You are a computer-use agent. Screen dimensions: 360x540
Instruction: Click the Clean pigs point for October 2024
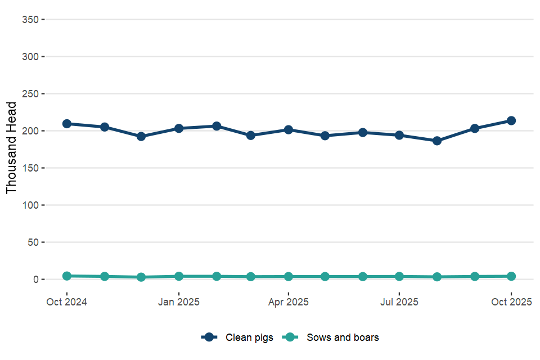click(x=67, y=124)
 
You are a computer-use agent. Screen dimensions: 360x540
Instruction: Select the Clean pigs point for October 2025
click(x=511, y=120)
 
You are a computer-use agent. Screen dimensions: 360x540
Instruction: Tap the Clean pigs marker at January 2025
click(x=179, y=128)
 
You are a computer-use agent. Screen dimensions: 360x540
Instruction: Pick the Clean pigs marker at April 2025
click(x=289, y=130)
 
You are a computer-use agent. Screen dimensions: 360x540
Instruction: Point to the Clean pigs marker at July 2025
click(x=399, y=135)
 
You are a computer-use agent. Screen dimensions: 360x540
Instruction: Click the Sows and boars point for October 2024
click(x=67, y=276)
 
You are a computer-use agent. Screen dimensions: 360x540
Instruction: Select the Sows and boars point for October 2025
click(x=511, y=276)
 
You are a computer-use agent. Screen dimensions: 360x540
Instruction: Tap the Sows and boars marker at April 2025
click(x=289, y=277)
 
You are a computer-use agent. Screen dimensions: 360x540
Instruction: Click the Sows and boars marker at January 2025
click(x=179, y=276)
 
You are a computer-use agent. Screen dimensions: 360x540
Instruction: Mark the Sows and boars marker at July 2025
click(x=399, y=276)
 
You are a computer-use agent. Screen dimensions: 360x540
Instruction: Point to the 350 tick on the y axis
click(x=29, y=20)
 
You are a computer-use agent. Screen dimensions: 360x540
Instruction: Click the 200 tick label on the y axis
click(x=29, y=131)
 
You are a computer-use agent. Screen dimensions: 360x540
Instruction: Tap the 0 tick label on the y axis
click(x=35, y=280)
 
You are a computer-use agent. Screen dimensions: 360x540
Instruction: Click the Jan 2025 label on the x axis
click(x=179, y=302)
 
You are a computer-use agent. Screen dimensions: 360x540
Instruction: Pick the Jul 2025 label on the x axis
click(x=399, y=302)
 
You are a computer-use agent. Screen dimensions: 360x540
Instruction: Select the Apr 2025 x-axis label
click(x=289, y=302)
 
